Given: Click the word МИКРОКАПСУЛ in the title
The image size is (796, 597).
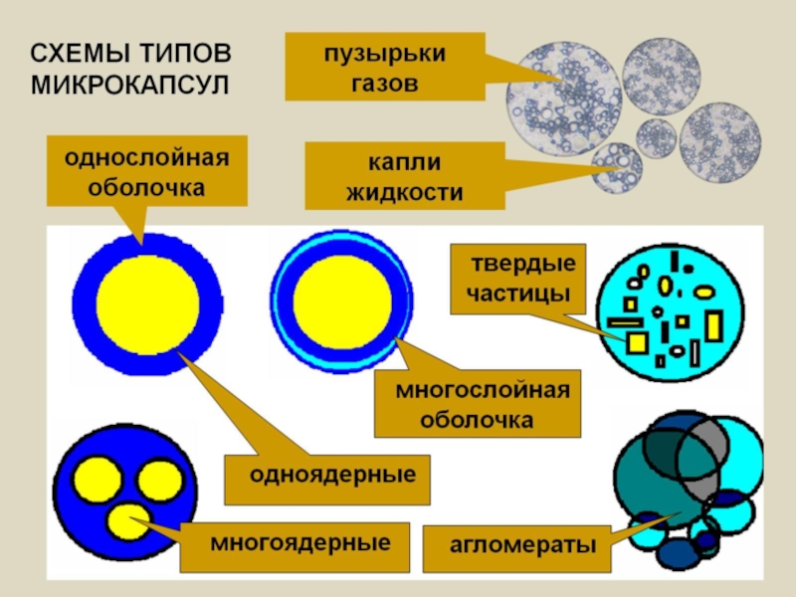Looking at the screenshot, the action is coord(129,81).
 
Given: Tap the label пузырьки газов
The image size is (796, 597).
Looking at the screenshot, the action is coord(384,66).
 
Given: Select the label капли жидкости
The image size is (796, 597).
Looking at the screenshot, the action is coord(404,175).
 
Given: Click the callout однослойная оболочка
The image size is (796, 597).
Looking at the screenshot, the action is coord(147,172).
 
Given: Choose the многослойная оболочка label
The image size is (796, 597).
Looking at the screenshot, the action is coord(478,404).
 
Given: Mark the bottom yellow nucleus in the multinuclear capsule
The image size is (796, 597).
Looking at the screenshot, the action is coord(126,520).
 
